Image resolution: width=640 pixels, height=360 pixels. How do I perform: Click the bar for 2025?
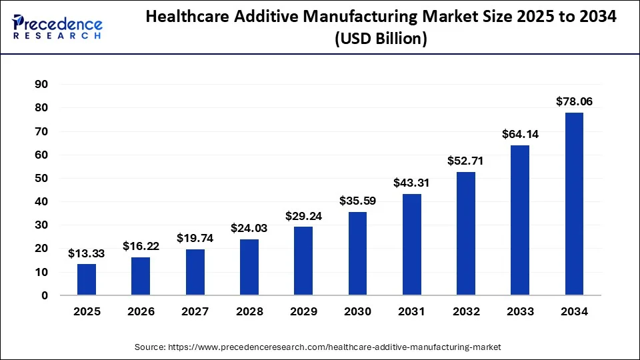pyautogui.click(x=87, y=279)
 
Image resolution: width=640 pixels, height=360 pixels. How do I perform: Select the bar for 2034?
pyautogui.click(x=574, y=203)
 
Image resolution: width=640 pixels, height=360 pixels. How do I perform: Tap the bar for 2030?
pyautogui.click(x=357, y=253)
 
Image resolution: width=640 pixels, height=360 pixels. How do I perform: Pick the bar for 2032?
pyautogui.click(x=466, y=233)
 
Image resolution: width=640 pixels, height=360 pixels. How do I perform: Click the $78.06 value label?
pyautogui.click(x=574, y=101)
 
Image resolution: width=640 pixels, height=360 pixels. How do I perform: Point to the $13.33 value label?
pyautogui.click(x=87, y=253)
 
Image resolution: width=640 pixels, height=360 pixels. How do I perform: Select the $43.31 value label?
pyautogui.click(x=411, y=183)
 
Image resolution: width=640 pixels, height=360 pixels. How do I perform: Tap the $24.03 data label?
pyautogui.click(x=249, y=228)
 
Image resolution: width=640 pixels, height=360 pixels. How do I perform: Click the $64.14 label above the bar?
pyautogui.click(x=520, y=134)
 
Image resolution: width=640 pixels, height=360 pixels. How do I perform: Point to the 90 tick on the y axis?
pyautogui.click(x=41, y=85)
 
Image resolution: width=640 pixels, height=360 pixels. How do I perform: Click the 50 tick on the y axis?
pyautogui.click(x=41, y=178)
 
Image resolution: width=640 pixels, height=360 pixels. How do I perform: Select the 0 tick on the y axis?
pyautogui.click(x=45, y=295)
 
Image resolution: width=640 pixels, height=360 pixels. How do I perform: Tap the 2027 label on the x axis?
pyautogui.click(x=195, y=311)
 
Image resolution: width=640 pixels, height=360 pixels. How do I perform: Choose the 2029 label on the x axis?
pyautogui.click(x=303, y=311)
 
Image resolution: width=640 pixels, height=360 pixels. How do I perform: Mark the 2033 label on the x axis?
pyautogui.click(x=520, y=311)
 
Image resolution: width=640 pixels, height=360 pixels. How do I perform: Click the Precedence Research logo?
pyautogui.click(x=57, y=27)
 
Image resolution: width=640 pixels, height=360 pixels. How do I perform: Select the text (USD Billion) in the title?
pyautogui.click(x=381, y=39)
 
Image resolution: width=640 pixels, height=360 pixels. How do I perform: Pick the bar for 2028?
pyautogui.click(x=249, y=267)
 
